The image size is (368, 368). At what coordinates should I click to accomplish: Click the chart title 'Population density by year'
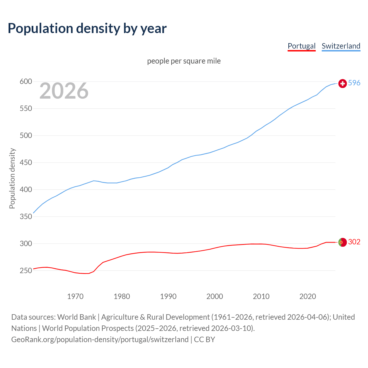point(87,28)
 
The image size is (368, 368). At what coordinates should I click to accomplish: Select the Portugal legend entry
point(301,46)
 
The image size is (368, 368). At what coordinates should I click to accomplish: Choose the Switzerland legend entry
point(341,46)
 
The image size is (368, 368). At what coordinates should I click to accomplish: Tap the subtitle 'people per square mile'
point(184,61)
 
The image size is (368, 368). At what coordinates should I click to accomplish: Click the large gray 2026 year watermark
point(64,91)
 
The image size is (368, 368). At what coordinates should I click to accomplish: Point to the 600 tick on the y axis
point(26,82)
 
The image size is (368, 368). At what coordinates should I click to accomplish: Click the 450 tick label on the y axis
point(26,163)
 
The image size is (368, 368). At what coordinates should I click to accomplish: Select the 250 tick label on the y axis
point(26,271)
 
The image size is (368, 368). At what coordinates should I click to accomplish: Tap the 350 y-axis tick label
point(26,217)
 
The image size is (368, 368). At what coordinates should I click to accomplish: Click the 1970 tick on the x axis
point(75,296)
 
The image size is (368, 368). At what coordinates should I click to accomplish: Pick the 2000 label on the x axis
point(215,296)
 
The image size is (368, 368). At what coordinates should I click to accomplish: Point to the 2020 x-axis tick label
point(308,296)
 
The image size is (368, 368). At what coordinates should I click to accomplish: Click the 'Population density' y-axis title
point(12,178)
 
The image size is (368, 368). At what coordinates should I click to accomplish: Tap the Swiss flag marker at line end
point(342,83)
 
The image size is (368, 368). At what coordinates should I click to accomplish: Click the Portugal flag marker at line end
point(342,242)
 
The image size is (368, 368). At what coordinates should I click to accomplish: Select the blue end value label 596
point(354,83)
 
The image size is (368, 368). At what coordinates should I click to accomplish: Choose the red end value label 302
point(354,242)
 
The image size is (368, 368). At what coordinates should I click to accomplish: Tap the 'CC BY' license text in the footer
point(204,340)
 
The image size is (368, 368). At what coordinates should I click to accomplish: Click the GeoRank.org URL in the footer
point(100,340)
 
